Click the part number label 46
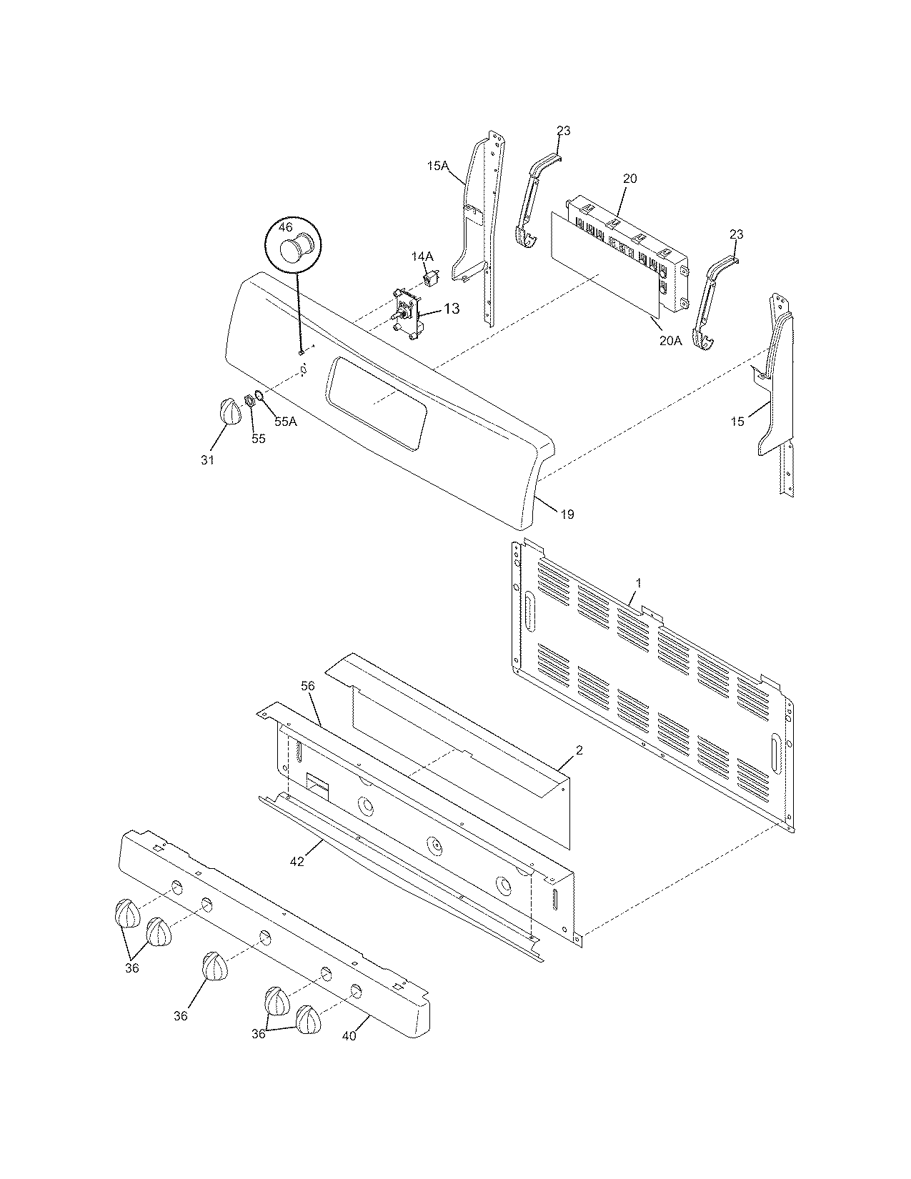(x=285, y=228)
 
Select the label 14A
(x=422, y=256)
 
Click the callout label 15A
(x=437, y=166)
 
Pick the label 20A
(x=670, y=341)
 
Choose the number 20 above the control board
(x=629, y=179)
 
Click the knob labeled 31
(x=229, y=412)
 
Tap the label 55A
(x=285, y=422)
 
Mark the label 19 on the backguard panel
(x=567, y=514)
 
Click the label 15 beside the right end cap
(x=737, y=421)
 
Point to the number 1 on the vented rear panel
(x=638, y=583)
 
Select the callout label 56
(x=307, y=685)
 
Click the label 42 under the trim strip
(x=297, y=862)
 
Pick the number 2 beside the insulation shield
(x=579, y=750)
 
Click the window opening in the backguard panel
(x=376, y=404)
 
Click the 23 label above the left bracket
(x=564, y=131)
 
